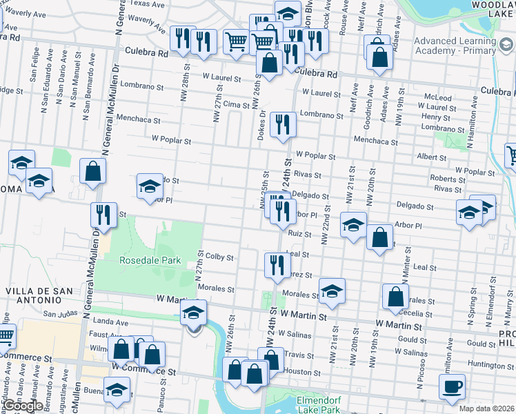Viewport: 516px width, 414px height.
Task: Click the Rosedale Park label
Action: (150, 261)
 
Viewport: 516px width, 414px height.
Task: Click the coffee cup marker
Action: (452, 386)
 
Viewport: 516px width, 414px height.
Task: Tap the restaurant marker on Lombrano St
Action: (283, 124)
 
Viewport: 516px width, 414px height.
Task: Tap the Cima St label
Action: (236, 103)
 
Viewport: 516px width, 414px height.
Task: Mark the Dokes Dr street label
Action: (261, 125)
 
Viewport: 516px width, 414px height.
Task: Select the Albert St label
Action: (432, 157)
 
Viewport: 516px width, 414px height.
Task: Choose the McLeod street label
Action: (438, 97)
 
